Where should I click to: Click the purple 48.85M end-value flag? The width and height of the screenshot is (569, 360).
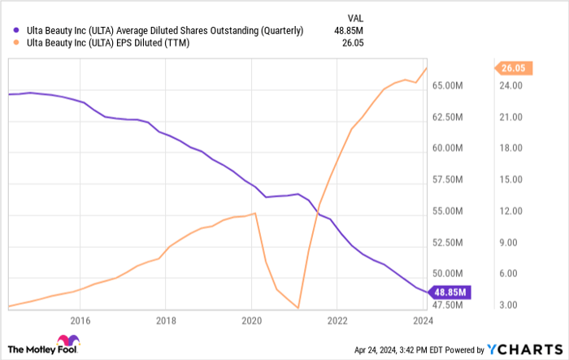pos(449,292)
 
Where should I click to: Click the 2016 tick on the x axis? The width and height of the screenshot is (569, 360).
pos(80,321)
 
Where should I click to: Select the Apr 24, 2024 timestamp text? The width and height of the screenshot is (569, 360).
pos(397,349)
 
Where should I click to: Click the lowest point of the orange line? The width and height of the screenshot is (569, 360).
pos(299,308)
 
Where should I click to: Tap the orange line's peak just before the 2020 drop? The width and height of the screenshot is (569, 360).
pos(256,213)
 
